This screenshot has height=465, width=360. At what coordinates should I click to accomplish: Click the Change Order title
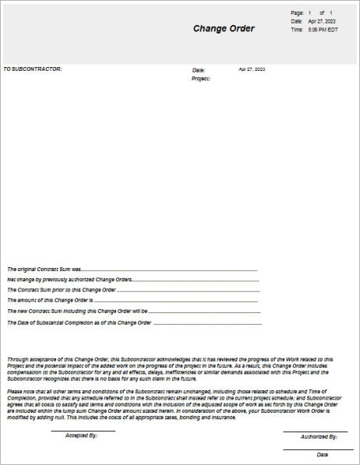click(x=224, y=29)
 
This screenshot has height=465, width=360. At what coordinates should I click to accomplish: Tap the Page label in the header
click(x=296, y=13)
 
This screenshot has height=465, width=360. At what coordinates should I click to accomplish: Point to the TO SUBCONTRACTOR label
click(x=32, y=69)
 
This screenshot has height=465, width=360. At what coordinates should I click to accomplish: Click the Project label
click(x=201, y=79)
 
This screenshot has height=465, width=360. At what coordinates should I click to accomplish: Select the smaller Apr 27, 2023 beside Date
click(x=252, y=69)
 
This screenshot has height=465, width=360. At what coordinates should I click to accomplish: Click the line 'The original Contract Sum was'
click(x=48, y=269)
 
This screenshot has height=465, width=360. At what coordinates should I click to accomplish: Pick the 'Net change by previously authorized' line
click(x=69, y=279)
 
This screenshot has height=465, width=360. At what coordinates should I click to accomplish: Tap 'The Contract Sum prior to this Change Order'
click(x=62, y=289)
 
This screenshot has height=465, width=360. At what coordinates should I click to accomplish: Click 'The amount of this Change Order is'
click(x=50, y=300)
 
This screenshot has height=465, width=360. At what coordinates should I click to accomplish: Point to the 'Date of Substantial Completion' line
click(x=79, y=321)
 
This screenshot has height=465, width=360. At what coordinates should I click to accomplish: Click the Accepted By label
click(x=81, y=435)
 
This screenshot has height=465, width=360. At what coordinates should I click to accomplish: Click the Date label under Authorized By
click(x=323, y=454)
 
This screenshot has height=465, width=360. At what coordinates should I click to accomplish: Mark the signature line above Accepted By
click(x=83, y=431)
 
